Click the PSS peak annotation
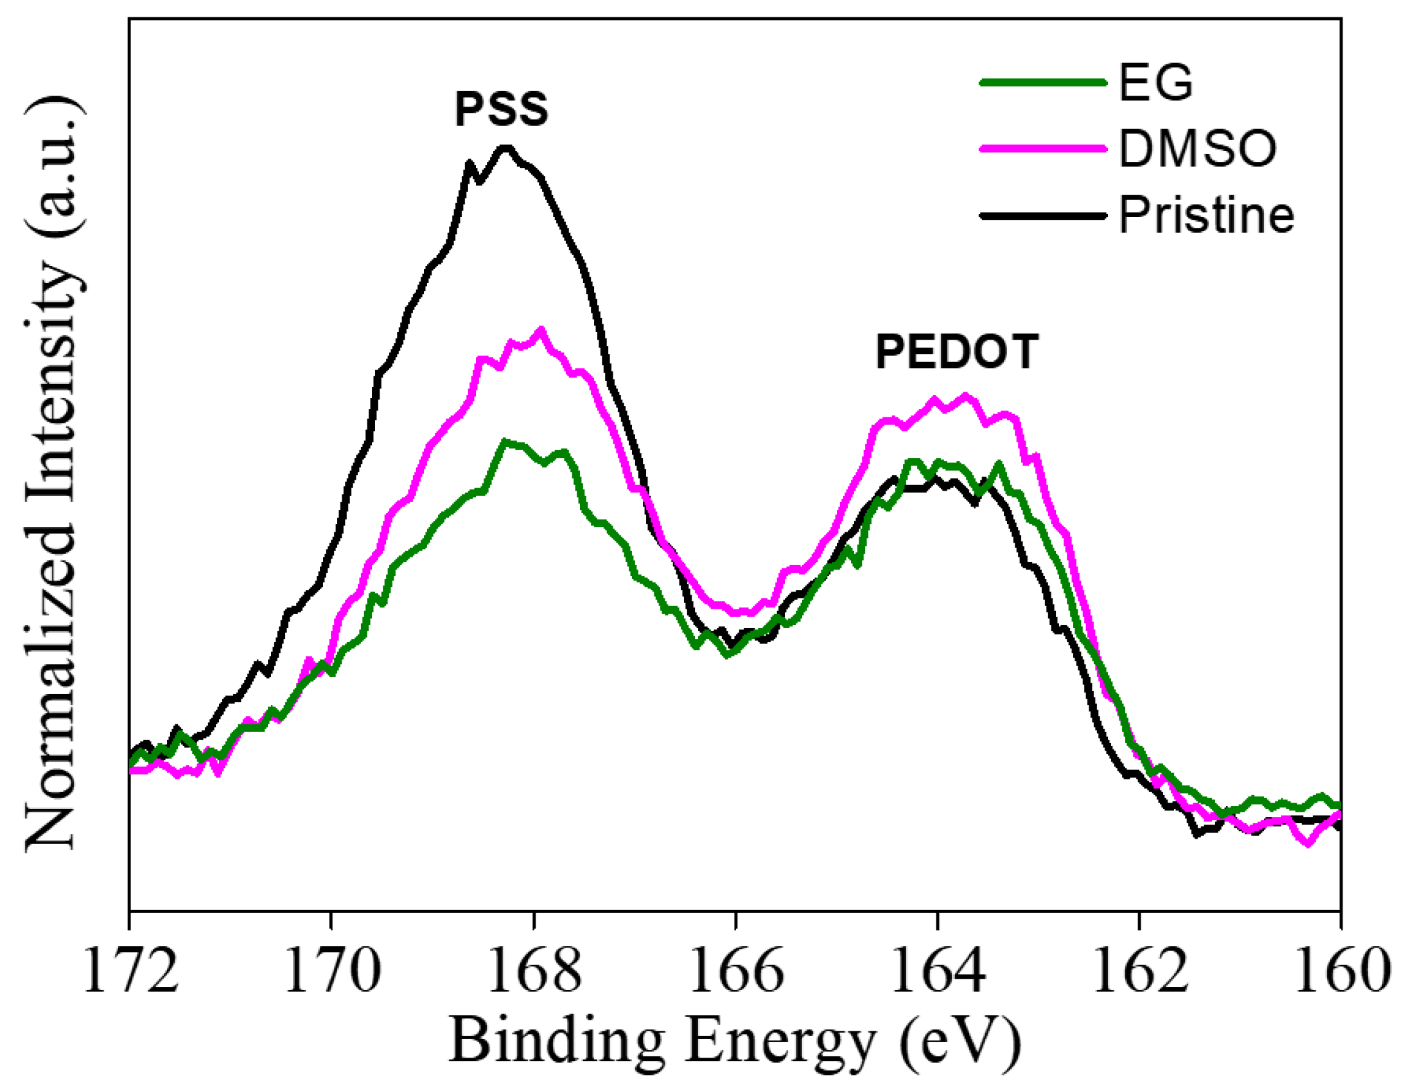tap(502, 109)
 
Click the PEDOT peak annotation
tap(956, 352)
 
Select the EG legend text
tap(1156, 83)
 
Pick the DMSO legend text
tap(1198, 149)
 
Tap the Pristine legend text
tap(1207, 215)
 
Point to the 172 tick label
tap(130, 972)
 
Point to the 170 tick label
tap(331, 972)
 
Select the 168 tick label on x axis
tap(534, 972)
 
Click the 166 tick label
tap(735, 972)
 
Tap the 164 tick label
tap(938, 972)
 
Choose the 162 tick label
tap(1139, 972)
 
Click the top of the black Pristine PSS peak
tap(506, 148)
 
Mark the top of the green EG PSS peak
tap(505, 442)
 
